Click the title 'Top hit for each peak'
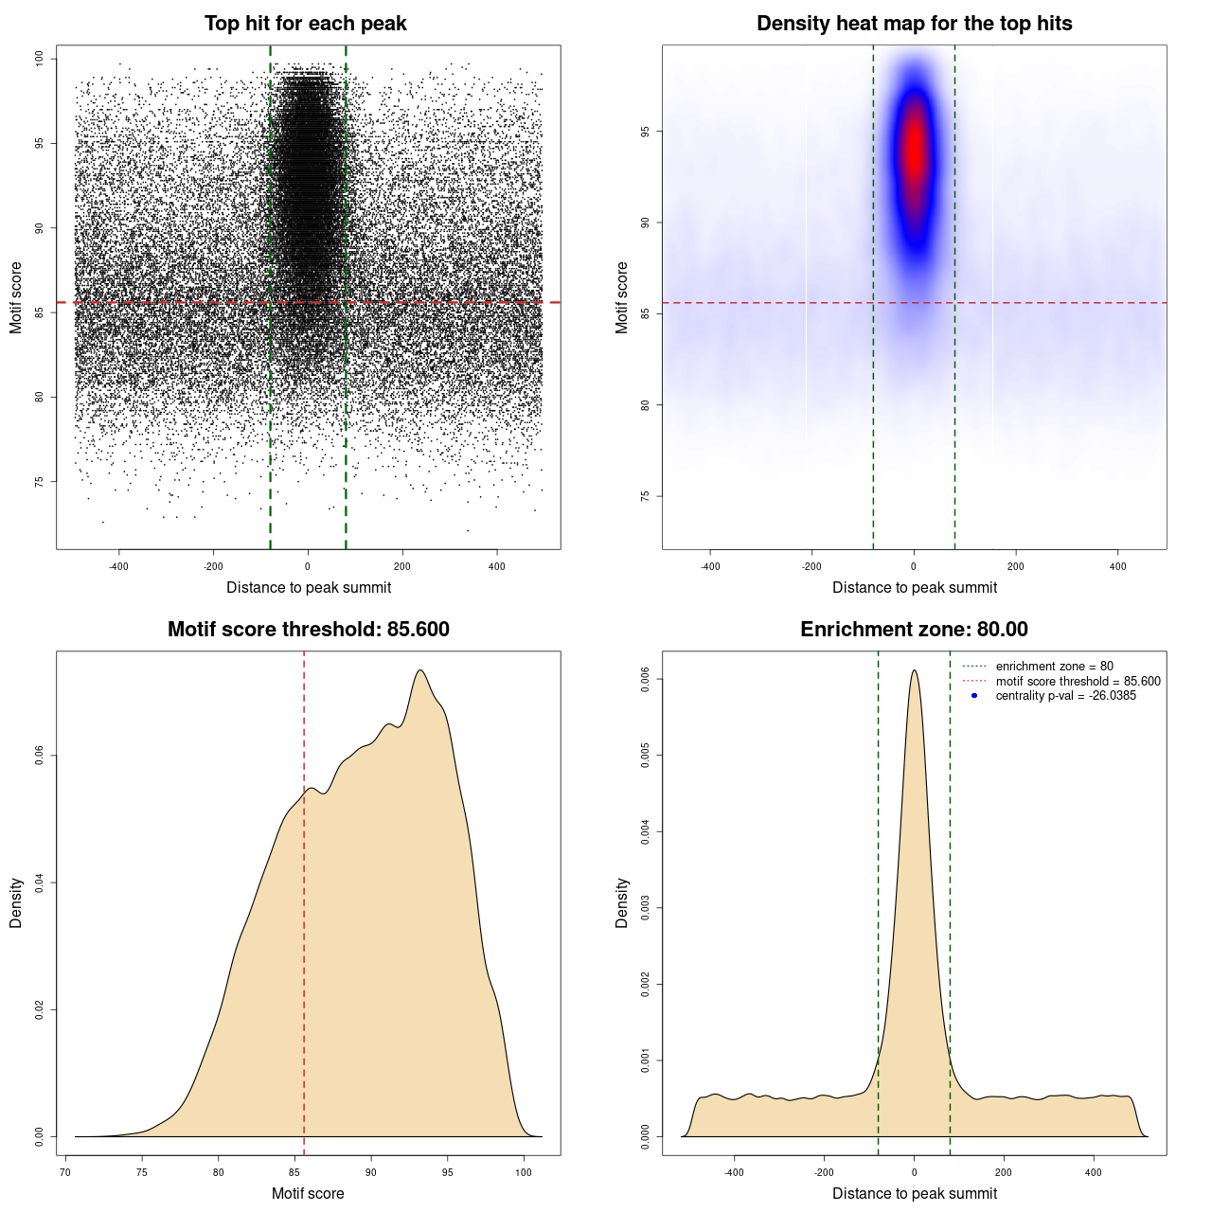click(x=305, y=24)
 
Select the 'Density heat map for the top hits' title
click(x=914, y=24)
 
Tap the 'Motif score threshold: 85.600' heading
click(x=308, y=630)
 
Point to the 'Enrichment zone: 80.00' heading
click(x=914, y=630)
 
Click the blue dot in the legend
click(x=974, y=696)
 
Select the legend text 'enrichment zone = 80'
click(x=1054, y=667)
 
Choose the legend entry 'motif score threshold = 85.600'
click(x=1078, y=682)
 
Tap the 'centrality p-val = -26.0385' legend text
click(x=1065, y=696)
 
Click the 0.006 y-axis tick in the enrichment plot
click(x=646, y=679)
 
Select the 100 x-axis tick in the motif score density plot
click(x=524, y=1172)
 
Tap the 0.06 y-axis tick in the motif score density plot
click(x=40, y=756)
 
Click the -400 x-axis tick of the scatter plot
click(x=118, y=566)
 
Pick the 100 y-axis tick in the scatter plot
click(x=40, y=59)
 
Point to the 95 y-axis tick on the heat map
click(x=646, y=132)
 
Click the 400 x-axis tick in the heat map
click(x=1118, y=566)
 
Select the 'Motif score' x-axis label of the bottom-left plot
click(x=308, y=1193)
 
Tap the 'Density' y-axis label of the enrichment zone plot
click(x=622, y=902)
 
